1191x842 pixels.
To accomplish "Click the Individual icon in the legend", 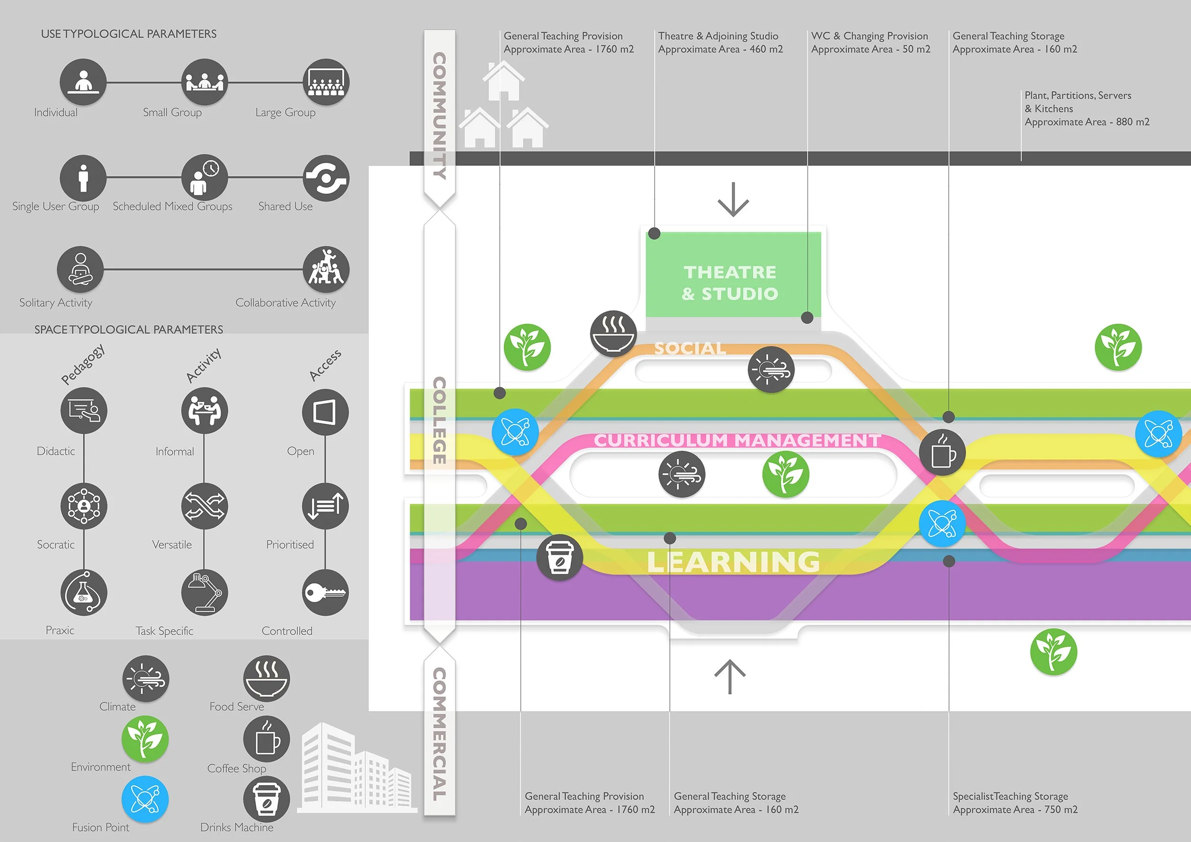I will click(x=83, y=82).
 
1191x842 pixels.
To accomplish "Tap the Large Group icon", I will click(x=326, y=82).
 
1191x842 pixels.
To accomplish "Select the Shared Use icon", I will click(x=326, y=178).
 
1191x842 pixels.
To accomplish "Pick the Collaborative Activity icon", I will click(x=326, y=269).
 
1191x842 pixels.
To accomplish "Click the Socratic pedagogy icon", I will click(x=84, y=505).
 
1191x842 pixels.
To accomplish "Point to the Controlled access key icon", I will click(x=325, y=592).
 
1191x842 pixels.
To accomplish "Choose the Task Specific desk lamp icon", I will click(x=204, y=592).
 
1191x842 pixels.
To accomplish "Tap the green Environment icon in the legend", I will click(x=145, y=739).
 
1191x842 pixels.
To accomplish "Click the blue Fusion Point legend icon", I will click(x=145, y=799).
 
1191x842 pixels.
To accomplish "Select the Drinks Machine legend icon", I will click(x=267, y=799).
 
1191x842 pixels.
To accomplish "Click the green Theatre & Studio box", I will click(x=732, y=275).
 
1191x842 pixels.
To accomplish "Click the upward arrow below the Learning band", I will click(x=730, y=677).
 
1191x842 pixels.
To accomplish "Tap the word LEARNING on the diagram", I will click(x=733, y=562).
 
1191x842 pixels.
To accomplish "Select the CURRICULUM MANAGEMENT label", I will click(x=737, y=440).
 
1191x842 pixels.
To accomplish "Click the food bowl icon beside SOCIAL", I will click(x=614, y=333).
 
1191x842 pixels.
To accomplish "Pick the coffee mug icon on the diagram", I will click(x=942, y=452).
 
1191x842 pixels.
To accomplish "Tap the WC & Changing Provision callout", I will click(x=870, y=42).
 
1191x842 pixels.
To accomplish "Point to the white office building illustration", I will click(x=355, y=767).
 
